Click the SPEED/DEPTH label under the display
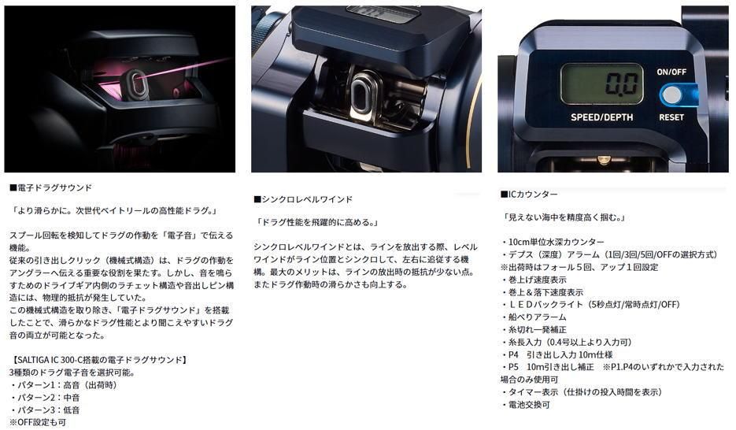tap(601, 117)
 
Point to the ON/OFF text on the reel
tap(671, 72)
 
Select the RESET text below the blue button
tap(671, 117)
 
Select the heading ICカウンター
tap(529, 194)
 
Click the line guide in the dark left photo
tap(136, 84)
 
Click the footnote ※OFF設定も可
tap(38, 422)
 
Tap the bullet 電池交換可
tap(525, 405)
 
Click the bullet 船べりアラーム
tap(533, 317)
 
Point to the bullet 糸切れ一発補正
tap(533, 329)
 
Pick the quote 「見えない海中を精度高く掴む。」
tap(564, 217)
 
